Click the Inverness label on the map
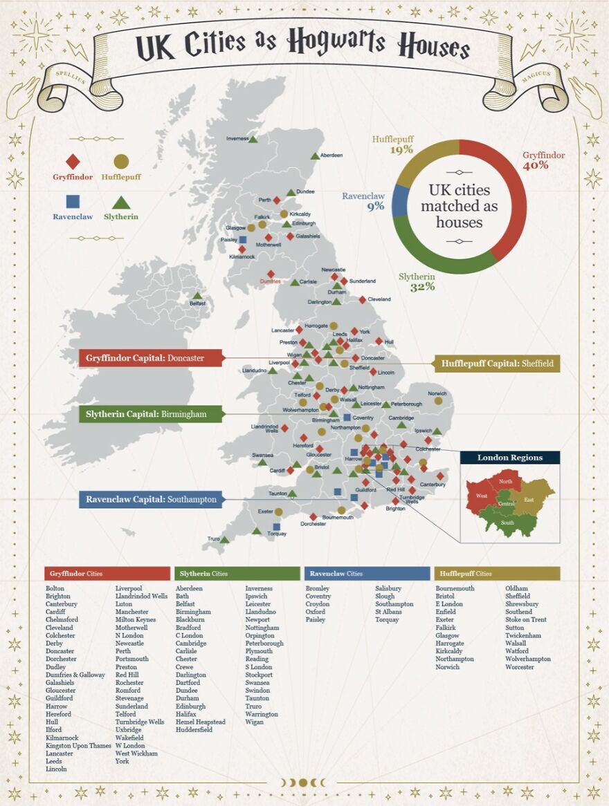[x=237, y=139]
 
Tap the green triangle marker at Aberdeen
[x=315, y=156]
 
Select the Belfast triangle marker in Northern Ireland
[x=197, y=296]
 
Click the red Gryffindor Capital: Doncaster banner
[x=152, y=358]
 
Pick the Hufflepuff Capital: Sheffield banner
[x=497, y=364]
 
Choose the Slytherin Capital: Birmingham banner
[x=150, y=414]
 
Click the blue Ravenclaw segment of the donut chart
[x=399, y=203]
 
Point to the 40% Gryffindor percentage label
[x=536, y=167]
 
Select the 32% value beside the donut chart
[x=422, y=287]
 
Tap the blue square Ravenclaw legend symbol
[x=73, y=202]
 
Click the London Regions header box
[x=509, y=458]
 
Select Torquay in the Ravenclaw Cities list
[x=387, y=619]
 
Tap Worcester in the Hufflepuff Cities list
[x=519, y=667]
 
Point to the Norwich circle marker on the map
[x=437, y=401]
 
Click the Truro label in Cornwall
[x=213, y=538]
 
